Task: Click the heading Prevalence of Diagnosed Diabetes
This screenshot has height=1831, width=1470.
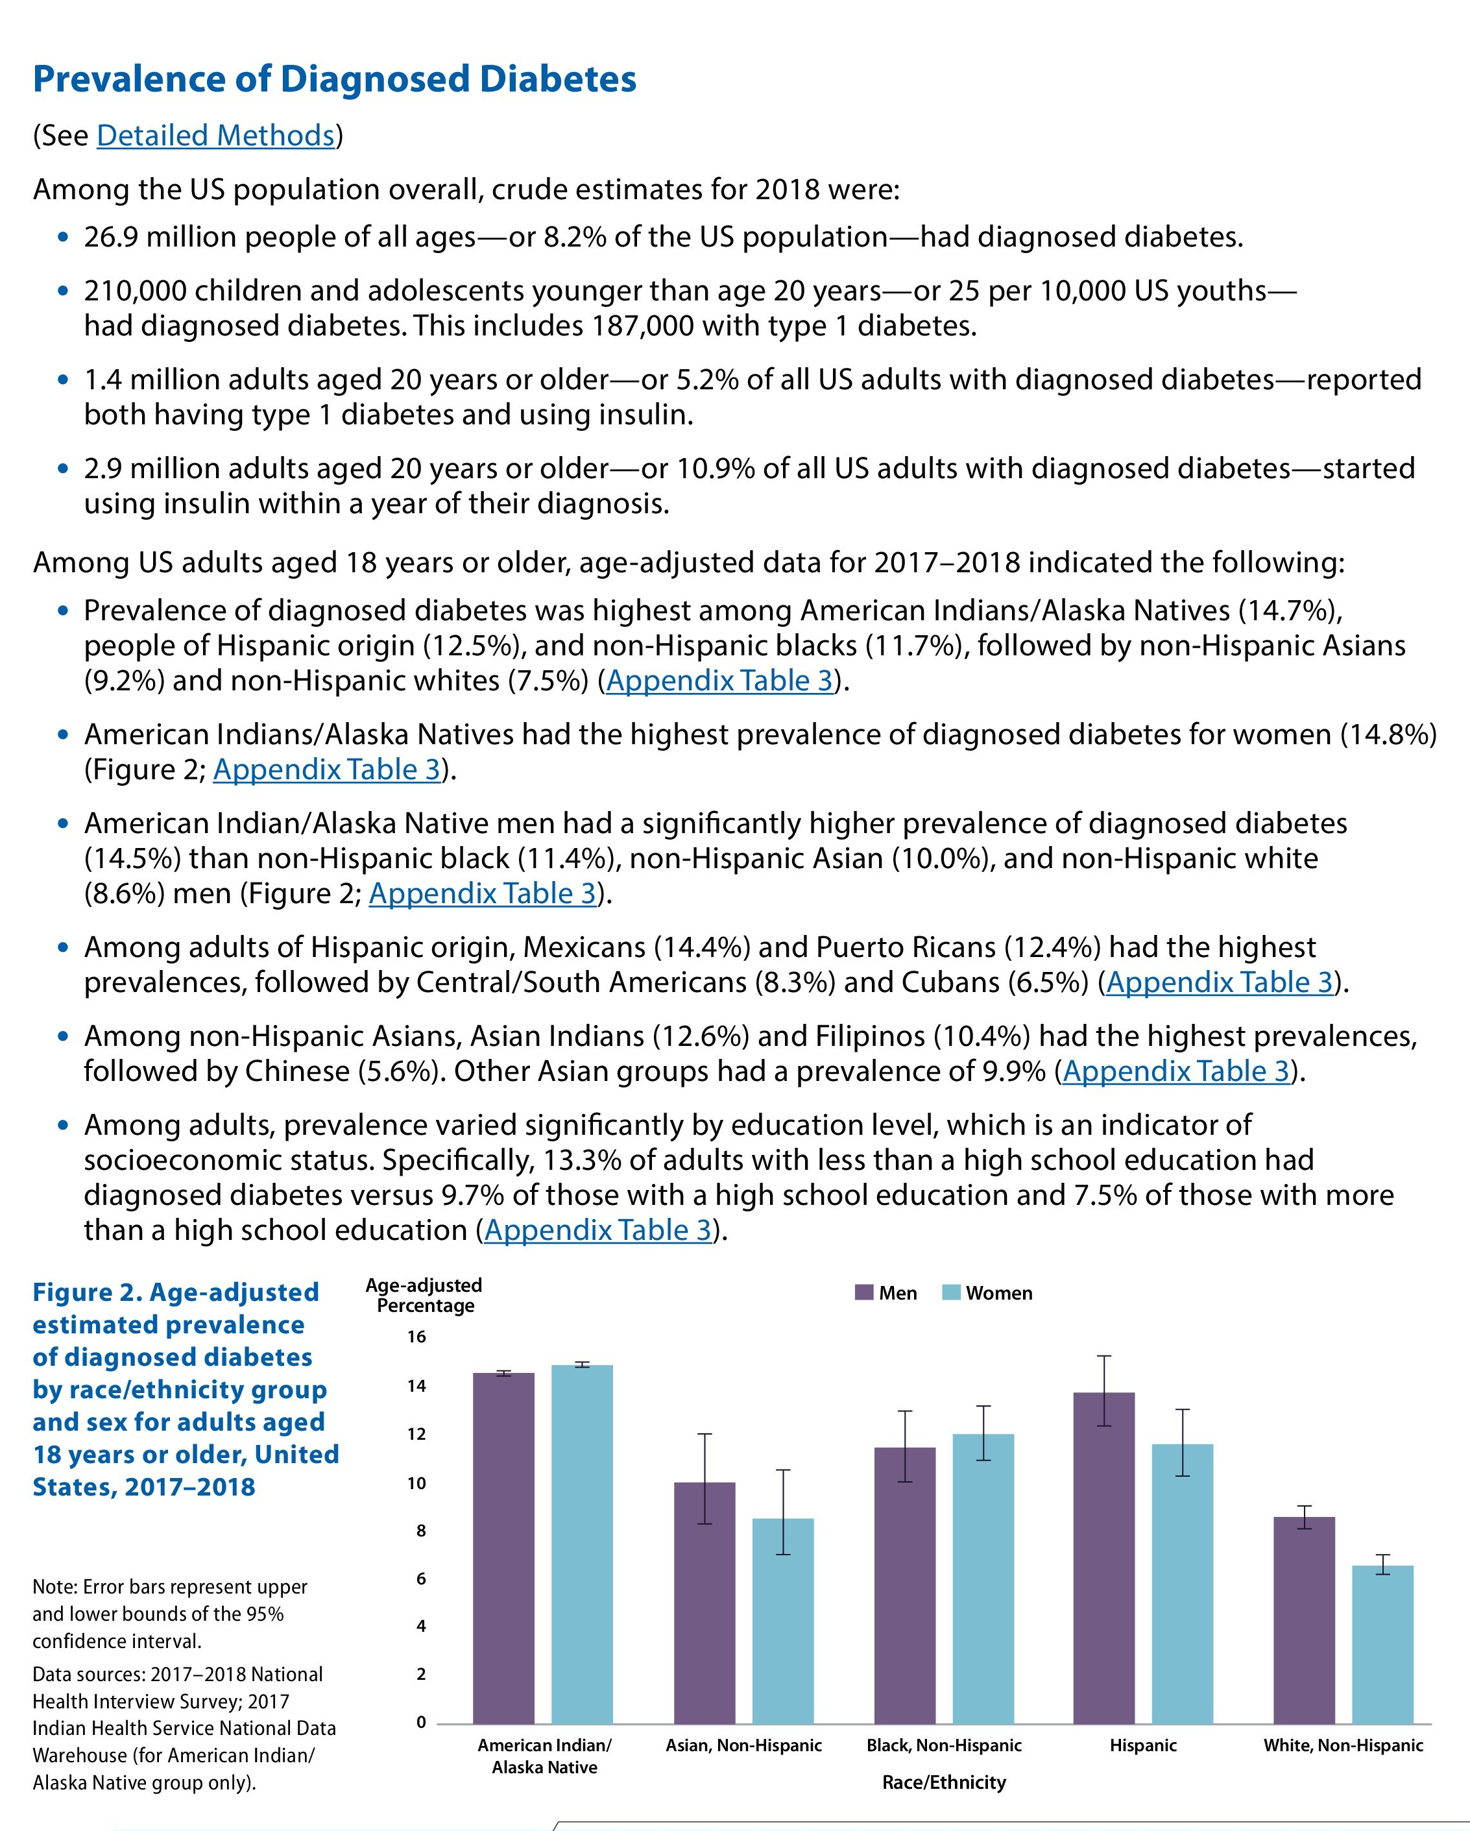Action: (333, 79)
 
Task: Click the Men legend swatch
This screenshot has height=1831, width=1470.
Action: (863, 1292)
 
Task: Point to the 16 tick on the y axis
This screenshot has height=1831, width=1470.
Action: (416, 1337)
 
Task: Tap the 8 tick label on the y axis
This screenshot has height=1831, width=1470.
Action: (420, 1531)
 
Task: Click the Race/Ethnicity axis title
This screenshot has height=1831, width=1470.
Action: (943, 1782)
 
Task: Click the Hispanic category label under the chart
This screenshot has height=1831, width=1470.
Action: (1142, 1745)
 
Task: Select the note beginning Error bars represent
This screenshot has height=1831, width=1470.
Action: (170, 1614)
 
